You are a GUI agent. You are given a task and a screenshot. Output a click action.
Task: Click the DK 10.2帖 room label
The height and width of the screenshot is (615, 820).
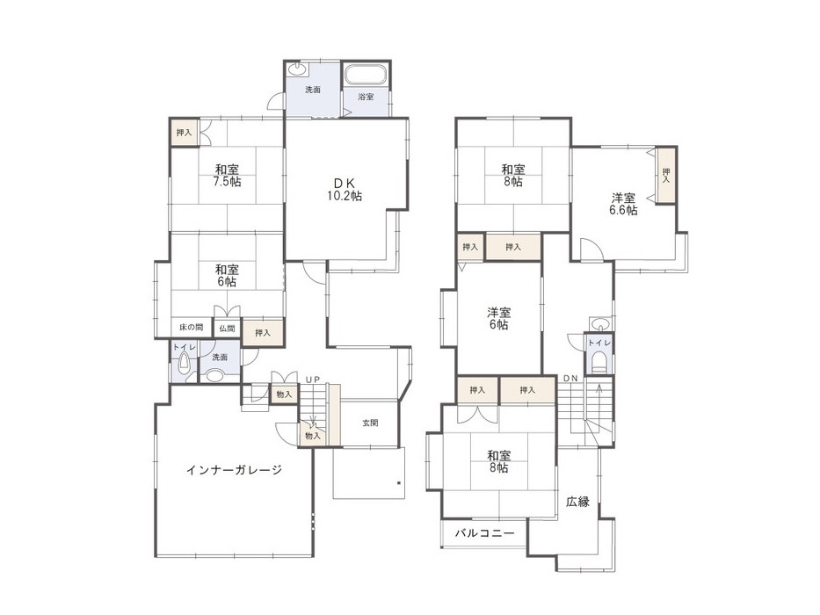[x=345, y=190]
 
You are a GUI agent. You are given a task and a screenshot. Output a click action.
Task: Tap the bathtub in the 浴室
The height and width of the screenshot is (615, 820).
[x=366, y=75]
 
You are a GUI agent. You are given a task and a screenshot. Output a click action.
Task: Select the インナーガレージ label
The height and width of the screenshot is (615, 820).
[x=235, y=470]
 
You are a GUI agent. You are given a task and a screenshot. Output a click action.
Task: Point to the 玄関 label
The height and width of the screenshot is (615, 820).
[x=370, y=423]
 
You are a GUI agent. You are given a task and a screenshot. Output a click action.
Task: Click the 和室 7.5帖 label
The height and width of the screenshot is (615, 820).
[x=227, y=176]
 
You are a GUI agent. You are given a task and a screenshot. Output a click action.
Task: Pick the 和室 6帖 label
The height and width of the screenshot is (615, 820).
[x=227, y=276]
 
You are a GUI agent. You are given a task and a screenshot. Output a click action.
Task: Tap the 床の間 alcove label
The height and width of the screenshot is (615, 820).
[x=192, y=328]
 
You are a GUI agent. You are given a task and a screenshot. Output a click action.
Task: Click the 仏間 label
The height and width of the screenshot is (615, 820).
[x=227, y=329]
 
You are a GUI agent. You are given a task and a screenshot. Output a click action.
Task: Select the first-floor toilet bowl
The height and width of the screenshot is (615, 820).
[x=184, y=362]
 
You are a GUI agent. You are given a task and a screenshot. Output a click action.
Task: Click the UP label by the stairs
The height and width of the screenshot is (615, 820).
[x=313, y=380]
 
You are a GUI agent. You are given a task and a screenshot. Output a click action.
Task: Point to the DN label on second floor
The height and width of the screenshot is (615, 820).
[x=571, y=378]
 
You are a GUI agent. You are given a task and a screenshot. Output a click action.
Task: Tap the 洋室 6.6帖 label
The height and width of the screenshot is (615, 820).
[x=623, y=205]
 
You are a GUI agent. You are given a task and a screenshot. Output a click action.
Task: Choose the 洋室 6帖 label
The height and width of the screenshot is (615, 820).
[x=499, y=318]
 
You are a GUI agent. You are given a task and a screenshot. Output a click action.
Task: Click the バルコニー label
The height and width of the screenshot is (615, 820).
[x=484, y=533]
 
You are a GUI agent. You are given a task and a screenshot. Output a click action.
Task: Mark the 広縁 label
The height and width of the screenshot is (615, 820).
[x=578, y=502]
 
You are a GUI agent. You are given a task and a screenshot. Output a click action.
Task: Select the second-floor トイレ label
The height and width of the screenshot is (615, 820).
[x=599, y=343]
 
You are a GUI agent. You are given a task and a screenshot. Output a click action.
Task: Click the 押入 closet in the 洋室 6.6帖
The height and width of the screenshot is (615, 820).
[x=666, y=175]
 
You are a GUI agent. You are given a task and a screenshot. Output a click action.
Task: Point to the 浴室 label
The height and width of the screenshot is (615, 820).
[x=366, y=97]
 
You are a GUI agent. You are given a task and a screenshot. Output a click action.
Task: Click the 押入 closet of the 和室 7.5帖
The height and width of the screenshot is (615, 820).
[x=184, y=133]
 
